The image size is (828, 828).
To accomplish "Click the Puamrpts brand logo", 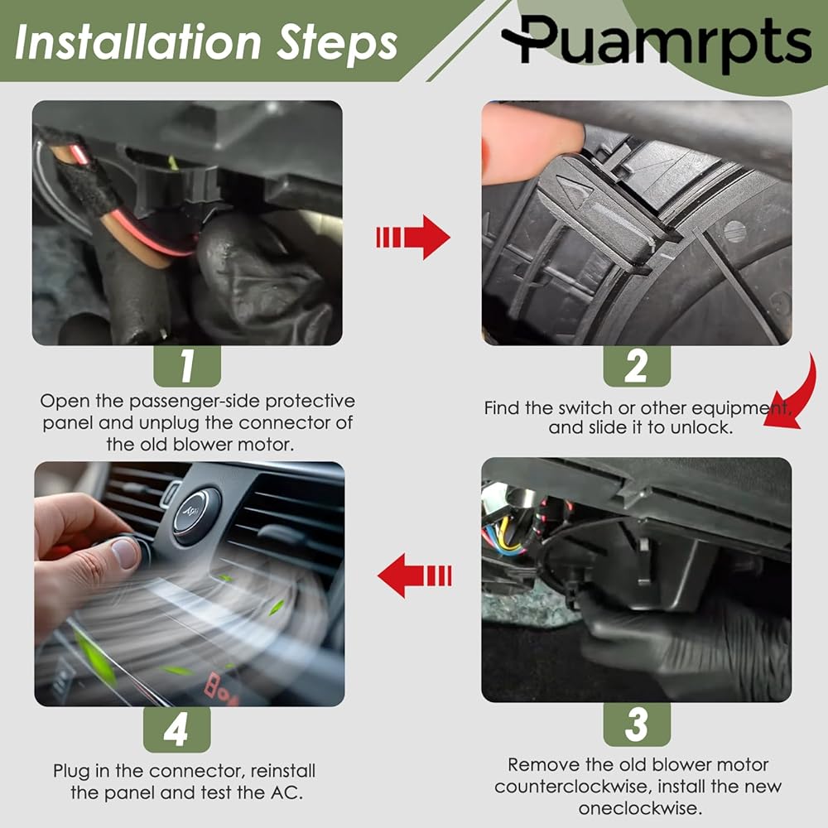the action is (657, 41).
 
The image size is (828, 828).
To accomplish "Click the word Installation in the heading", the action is (138, 42).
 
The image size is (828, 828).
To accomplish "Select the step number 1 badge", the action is (187, 366).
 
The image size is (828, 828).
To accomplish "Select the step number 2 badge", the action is (636, 366).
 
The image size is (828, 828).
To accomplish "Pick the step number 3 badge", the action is (636, 724).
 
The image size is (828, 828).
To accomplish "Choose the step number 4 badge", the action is (176, 729).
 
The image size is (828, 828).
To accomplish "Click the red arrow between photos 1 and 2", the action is (413, 237).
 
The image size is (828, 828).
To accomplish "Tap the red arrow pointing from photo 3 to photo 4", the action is (415, 575).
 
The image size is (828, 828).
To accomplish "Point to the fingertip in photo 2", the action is (533, 143).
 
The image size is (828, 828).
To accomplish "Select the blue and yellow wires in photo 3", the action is (503, 534).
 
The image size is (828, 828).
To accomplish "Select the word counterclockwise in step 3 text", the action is (572, 787).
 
